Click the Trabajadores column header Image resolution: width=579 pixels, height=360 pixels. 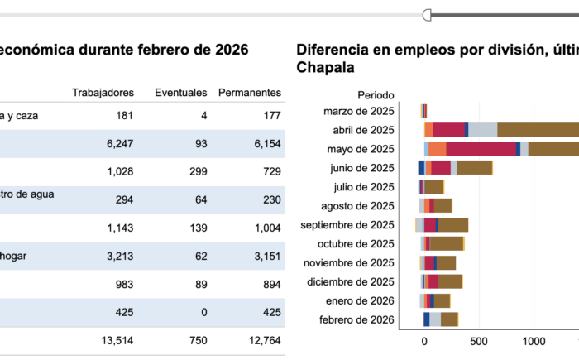click(103, 92)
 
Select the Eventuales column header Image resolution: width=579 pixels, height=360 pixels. click(180, 92)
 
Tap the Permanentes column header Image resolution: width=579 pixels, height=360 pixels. click(249, 92)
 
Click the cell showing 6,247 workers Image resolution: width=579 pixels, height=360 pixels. click(119, 144)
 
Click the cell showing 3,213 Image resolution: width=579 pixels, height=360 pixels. click(119, 257)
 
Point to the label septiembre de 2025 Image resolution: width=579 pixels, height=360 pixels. click(347, 225)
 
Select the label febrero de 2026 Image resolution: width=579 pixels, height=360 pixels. click(358, 320)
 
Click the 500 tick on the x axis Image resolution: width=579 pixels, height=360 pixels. click(478, 340)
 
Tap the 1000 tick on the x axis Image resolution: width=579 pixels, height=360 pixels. click(533, 340)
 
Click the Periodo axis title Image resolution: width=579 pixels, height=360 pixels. click(376, 95)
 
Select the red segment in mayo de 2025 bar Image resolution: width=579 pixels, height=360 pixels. click(481, 149)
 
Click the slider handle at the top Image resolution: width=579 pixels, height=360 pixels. click(427, 14)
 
